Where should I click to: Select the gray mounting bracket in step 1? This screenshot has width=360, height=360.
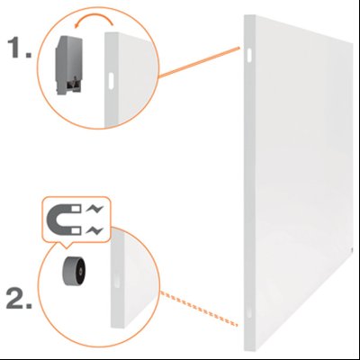point(68,65)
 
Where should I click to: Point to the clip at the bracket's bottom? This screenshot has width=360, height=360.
point(75,85)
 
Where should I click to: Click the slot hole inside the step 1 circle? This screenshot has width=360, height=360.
point(111,80)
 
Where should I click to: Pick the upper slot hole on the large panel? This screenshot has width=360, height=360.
point(249,55)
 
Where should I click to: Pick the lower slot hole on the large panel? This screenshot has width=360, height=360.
point(248,311)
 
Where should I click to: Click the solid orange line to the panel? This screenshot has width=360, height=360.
point(199,62)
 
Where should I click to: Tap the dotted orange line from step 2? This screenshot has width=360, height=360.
point(199,309)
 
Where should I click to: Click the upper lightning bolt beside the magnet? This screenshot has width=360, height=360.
point(94,209)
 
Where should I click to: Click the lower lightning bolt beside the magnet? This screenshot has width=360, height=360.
point(94,230)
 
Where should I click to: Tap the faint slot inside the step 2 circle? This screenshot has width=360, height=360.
point(117,281)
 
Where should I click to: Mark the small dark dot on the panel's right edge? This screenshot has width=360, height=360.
point(352,248)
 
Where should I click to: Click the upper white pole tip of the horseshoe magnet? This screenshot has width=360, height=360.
point(76,208)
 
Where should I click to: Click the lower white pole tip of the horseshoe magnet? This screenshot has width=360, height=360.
point(76,230)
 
